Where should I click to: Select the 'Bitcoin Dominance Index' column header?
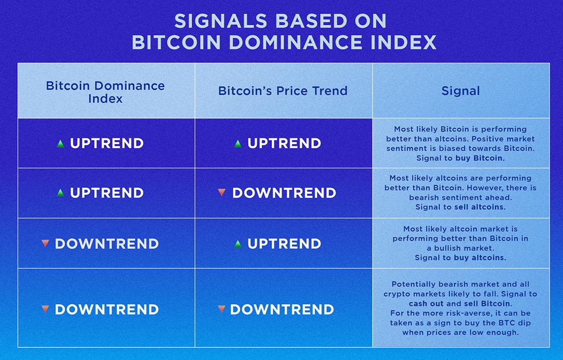[105, 92]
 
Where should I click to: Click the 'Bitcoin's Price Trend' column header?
[283, 91]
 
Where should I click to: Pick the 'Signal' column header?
[461, 91]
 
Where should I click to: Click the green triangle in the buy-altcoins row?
[238, 244]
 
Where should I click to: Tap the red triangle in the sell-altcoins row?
[221, 193]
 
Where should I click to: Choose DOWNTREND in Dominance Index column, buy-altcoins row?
[107, 244]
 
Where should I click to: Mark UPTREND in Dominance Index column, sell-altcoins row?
[107, 193]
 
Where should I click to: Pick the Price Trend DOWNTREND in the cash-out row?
[282, 309]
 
